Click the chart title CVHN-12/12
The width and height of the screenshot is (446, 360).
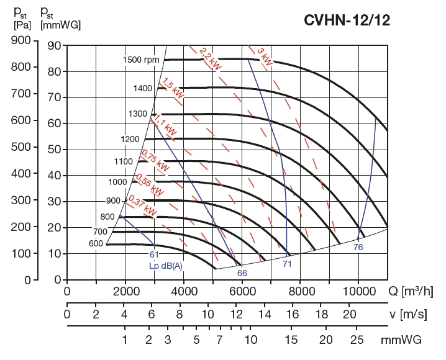(347, 20)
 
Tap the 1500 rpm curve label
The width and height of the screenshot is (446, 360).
(141, 60)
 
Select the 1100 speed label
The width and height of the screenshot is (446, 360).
(124, 161)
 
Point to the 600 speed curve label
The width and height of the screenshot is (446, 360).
(96, 243)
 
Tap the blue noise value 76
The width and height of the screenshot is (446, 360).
(358, 247)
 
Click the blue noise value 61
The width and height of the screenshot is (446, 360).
(154, 254)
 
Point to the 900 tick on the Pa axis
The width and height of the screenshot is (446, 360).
(22, 41)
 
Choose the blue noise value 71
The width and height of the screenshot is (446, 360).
(287, 264)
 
